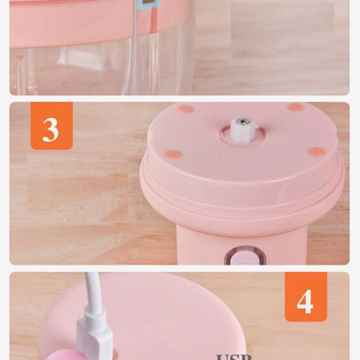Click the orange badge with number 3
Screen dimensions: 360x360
[50, 128]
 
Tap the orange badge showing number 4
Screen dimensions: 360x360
[306, 301]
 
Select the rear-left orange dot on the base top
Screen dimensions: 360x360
[186, 109]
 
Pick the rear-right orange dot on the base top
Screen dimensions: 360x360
[294, 107]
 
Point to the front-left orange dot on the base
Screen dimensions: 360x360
[174, 153]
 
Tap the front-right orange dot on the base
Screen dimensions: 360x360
[316, 150]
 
